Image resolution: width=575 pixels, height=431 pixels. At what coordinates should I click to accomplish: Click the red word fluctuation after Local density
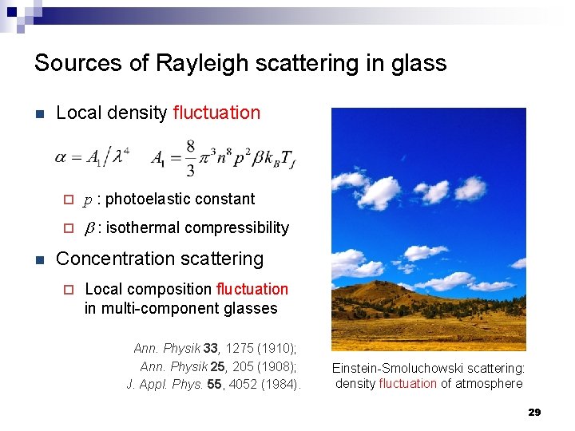point(216,113)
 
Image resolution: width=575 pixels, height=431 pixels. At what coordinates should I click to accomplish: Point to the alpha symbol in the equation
point(61,157)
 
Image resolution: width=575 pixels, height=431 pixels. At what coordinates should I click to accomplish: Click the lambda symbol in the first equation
point(118,158)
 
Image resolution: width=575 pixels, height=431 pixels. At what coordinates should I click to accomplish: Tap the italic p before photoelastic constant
point(88,200)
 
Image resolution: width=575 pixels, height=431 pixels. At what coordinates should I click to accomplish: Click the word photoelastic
point(147,199)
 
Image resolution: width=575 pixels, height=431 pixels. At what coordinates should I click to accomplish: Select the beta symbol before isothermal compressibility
point(89,228)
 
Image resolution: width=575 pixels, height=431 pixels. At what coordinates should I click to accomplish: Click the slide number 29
point(534,412)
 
